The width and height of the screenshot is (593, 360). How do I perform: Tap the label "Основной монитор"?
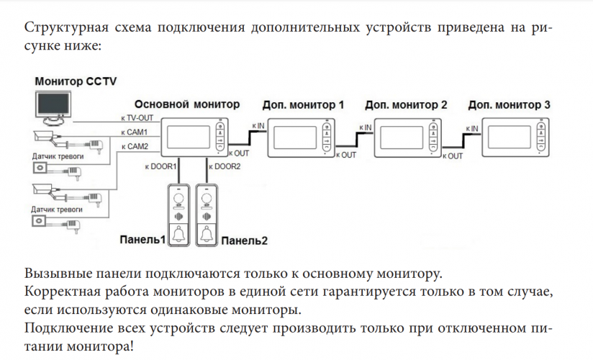[x=187, y=104]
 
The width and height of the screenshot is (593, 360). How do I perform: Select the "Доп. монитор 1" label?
[x=303, y=104]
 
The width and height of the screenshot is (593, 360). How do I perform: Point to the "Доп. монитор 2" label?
[x=406, y=104]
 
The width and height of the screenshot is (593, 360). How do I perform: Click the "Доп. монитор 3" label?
[x=509, y=104]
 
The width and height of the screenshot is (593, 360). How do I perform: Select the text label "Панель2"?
[x=245, y=240]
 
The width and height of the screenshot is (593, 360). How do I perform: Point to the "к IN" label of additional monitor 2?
[x=365, y=127]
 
